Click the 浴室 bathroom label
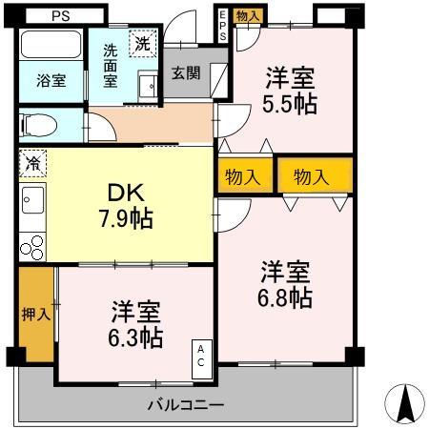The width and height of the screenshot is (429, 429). pos(51,80)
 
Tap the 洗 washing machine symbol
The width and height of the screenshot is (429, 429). pos(141,43)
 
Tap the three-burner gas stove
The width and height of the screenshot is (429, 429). pos(31,245)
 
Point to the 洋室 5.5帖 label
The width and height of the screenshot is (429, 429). pos(290,91)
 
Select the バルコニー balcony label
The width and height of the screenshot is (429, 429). pos(186,405)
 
